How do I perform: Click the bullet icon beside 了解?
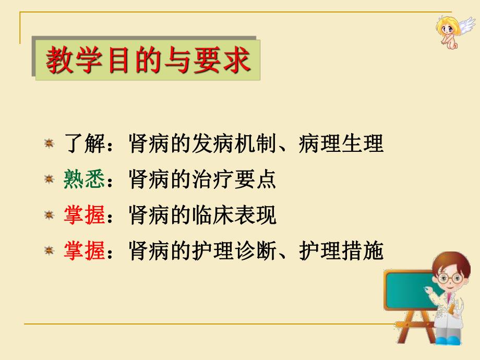pos(50,143)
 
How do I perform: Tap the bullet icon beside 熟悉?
pos(50,179)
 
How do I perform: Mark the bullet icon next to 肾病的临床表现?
pos(50,215)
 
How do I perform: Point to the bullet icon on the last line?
pos(50,251)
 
